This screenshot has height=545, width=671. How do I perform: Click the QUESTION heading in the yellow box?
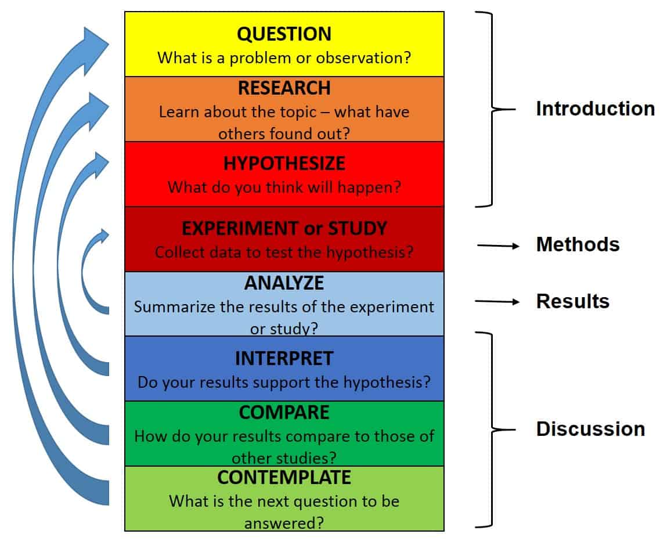(x=284, y=34)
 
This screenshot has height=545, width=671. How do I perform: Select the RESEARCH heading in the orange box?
(x=284, y=88)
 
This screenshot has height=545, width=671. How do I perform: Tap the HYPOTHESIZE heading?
(x=284, y=163)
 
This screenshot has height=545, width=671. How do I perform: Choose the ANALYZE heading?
(x=284, y=283)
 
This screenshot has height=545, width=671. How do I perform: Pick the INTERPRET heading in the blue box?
(x=284, y=359)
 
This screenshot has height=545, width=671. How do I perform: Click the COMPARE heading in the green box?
(x=284, y=412)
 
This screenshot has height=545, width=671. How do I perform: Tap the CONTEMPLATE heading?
(x=284, y=477)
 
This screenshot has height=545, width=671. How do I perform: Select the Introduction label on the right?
(x=595, y=109)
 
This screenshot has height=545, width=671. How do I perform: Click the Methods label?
(x=578, y=244)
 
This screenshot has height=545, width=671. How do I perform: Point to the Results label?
(x=572, y=301)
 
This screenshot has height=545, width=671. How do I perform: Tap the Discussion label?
(x=590, y=429)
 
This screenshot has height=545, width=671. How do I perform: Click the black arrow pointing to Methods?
(x=498, y=246)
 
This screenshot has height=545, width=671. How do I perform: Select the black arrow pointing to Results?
(x=497, y=301)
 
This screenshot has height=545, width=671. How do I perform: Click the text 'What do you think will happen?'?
(x=284, y=187)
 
